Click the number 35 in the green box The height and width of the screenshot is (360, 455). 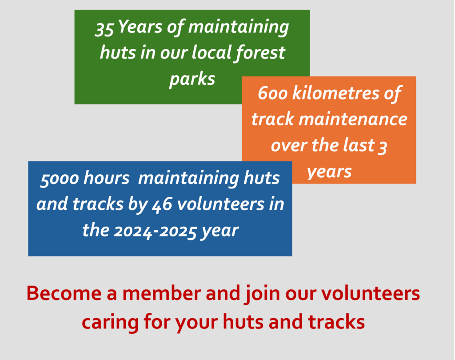pos(104,29)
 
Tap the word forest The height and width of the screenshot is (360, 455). pos(260,52)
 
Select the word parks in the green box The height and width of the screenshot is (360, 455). pos(192,79)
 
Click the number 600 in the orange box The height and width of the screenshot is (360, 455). pos(272,93)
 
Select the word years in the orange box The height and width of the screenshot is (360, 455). pos(329,172)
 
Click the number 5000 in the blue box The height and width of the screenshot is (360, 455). pos(60,179)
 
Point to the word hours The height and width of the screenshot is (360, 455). pos(106,178)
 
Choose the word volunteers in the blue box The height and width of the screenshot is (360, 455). pos(220,204)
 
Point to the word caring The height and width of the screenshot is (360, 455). pos(110,323)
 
